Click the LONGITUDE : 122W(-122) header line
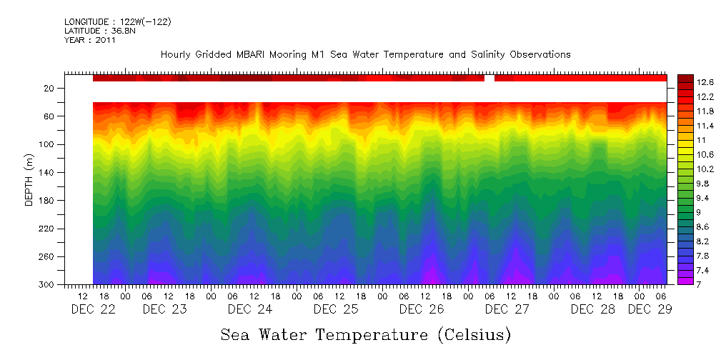point(117,22)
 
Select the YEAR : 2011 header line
point(90,40)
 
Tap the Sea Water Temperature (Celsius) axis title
point(366,334)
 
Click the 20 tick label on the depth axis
point(49,88)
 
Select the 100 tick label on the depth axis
point(47,144)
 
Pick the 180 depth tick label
point(47,201)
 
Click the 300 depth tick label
point(47,285)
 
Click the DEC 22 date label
point(93,309)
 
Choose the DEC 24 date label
point(250,309)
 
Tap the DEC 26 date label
point(422,309)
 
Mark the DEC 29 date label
point(650,309)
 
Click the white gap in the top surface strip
point(489,78)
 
